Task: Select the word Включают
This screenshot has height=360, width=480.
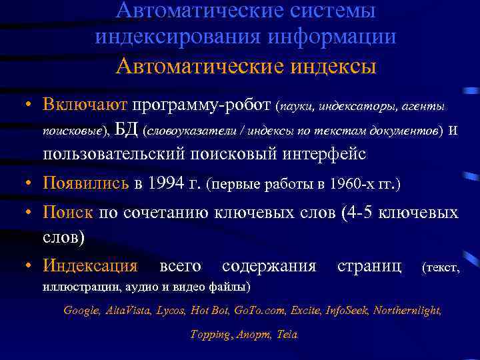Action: [x=85, y=105]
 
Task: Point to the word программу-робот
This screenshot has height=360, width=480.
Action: [x=201, y=105]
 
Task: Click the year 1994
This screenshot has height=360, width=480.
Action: [x=165, y=183]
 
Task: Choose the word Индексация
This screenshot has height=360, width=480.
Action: [x=90, y=267]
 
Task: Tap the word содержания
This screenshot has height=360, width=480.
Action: [x=269, y=267]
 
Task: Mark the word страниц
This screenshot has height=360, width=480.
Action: [x=369, y=267]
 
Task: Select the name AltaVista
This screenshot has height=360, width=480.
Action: [x=129, y=311]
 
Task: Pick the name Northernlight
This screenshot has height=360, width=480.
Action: [x=407, y=311]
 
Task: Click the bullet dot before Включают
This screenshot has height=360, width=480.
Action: [x=23, y=105]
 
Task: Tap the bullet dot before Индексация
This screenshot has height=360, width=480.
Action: [x=23, y=267]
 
